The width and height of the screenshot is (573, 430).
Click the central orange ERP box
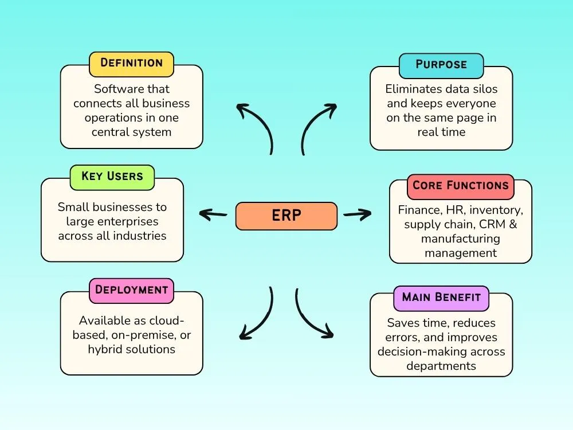(x=286, y=216)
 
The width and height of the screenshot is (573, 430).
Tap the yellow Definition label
(x=131, y=63)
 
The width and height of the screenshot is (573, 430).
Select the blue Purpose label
(x=441, y=65)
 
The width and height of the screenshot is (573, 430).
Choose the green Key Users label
(x=112, y=177)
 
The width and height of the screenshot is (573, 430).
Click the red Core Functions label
(x=460, y=186)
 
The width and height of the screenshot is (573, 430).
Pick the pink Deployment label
(x=131, y=290)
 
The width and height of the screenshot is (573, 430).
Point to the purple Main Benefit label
(x=441, y=298)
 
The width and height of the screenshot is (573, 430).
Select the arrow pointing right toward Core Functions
(x=357, y=215)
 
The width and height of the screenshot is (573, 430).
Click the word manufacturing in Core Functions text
(x=460, y=239)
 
